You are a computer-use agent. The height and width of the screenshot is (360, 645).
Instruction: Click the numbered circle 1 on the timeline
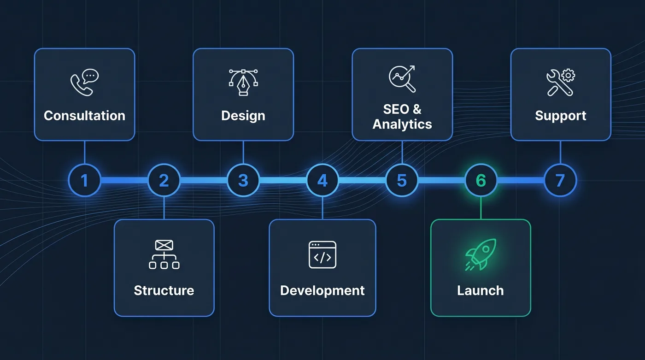84,180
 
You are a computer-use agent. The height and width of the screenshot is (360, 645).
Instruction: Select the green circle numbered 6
481,180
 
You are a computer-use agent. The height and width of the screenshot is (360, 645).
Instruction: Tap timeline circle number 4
322,180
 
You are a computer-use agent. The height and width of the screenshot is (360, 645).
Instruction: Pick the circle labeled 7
560,180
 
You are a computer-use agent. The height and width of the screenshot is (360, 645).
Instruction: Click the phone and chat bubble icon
85,83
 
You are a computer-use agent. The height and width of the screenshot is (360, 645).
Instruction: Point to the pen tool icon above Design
243,83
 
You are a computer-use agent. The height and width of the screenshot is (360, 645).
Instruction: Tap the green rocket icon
481,254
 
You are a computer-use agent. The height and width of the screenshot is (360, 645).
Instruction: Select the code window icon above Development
322,255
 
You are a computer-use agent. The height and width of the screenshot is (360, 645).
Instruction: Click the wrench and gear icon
561,83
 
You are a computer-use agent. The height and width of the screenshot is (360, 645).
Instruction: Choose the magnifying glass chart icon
402,79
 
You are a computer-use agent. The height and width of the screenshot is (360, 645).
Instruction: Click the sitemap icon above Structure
164,254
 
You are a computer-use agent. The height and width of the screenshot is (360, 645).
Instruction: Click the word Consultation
85,116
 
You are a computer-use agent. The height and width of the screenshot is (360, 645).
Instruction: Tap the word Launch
481,290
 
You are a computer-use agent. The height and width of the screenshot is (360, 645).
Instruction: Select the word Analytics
402,124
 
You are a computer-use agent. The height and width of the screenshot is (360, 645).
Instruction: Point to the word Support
561,116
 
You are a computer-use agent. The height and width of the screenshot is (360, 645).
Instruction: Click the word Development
322,290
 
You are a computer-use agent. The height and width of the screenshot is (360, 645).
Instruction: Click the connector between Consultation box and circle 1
84,153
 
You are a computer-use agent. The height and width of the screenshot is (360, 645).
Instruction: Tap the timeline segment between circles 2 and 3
204,180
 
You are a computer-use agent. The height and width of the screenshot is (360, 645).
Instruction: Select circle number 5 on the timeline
402,180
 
